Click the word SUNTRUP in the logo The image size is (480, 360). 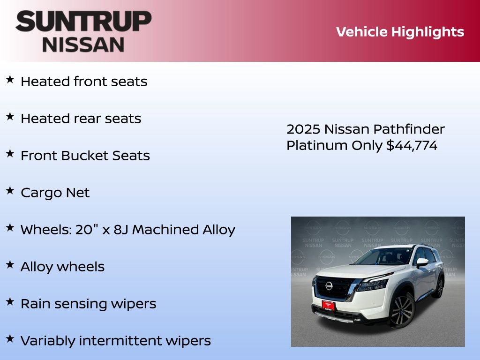click(x=83, y=22)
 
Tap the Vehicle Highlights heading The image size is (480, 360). click(x=400, y=32)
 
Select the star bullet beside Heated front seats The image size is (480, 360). click(x=10, y=80)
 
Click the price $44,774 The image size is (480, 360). click(x=412, y=146)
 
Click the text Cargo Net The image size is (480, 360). click(x=55, y=193)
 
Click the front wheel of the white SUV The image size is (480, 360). click(x=402, y=310)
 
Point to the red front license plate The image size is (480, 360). click(x=328, y=305)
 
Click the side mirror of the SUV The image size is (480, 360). click(x=422, y=262)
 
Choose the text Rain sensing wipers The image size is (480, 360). click(x=88, y=304)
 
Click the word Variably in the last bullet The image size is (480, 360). click(x=48, y=341)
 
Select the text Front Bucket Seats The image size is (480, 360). click(x=85, y=156)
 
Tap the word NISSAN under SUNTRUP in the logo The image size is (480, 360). click(x=83, y=45)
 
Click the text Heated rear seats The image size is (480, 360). click(x=81, y=119)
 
